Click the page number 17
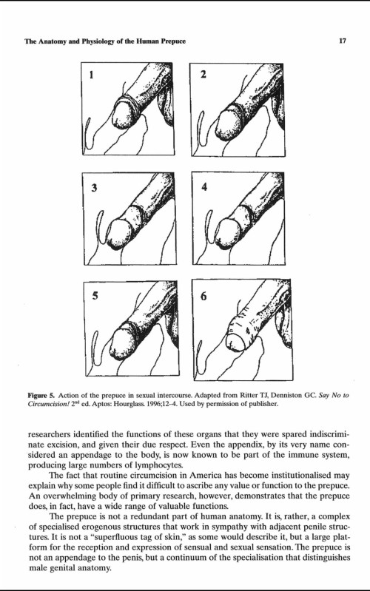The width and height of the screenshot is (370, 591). pos(343,41)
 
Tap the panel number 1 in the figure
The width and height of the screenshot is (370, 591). pos(91,75)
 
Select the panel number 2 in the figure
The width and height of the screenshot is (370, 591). pos(203,74)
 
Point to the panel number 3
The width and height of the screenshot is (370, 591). pos(94,187)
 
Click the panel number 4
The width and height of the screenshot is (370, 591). pos(204,187)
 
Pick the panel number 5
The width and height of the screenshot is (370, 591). pos(95,296)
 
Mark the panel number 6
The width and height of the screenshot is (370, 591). pos(203,297)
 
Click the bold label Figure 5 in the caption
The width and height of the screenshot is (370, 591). pos(41,396)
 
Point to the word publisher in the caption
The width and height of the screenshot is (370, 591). pos(264,405)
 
